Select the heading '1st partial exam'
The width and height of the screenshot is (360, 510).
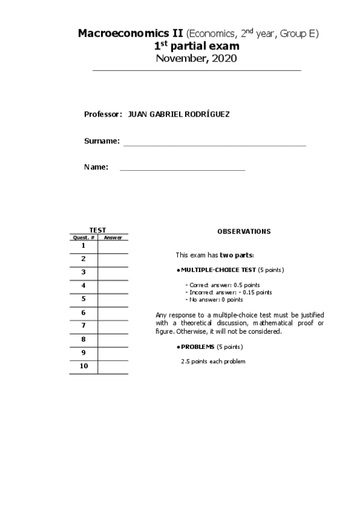[197, 46]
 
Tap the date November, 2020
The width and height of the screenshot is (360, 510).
[196, 58]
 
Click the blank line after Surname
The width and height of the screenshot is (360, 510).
[215, 144]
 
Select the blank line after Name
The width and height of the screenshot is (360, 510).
[183, 170]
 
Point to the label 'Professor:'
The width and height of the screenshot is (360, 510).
[103, 114]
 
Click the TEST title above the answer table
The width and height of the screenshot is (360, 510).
[98, 230]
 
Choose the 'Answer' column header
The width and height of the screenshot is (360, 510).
[112, 238]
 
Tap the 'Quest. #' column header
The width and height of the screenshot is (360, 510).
[84, 238]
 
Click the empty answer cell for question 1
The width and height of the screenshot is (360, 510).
[112, 247]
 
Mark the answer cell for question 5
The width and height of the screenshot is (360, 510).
[112, 300]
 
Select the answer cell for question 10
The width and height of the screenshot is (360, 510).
[112, 367]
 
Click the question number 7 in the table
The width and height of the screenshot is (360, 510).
[84, 326]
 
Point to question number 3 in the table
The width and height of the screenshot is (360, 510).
[84, 272]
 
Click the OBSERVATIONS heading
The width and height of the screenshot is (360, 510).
[243, 232]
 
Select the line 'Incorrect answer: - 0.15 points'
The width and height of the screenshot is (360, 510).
[228, 292]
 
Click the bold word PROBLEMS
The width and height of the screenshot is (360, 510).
[198, 347]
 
